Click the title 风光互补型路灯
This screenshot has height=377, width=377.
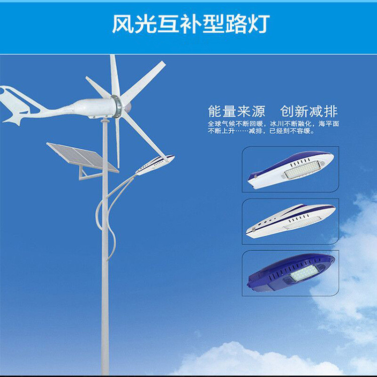pyautogui.click(x=191, y=24)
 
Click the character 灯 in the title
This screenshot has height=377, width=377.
pyautogui.click(x=258, y=24)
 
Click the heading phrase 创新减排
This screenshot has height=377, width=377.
pyautogui.click(x=309, y=111)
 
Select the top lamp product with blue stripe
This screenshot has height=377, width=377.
pyautogui.click(x=291, y=169)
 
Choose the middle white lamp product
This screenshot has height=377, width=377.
pyautogui.click(x=291, y=221)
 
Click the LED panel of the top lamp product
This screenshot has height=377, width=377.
pyautogui.click(x=302, y=169)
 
